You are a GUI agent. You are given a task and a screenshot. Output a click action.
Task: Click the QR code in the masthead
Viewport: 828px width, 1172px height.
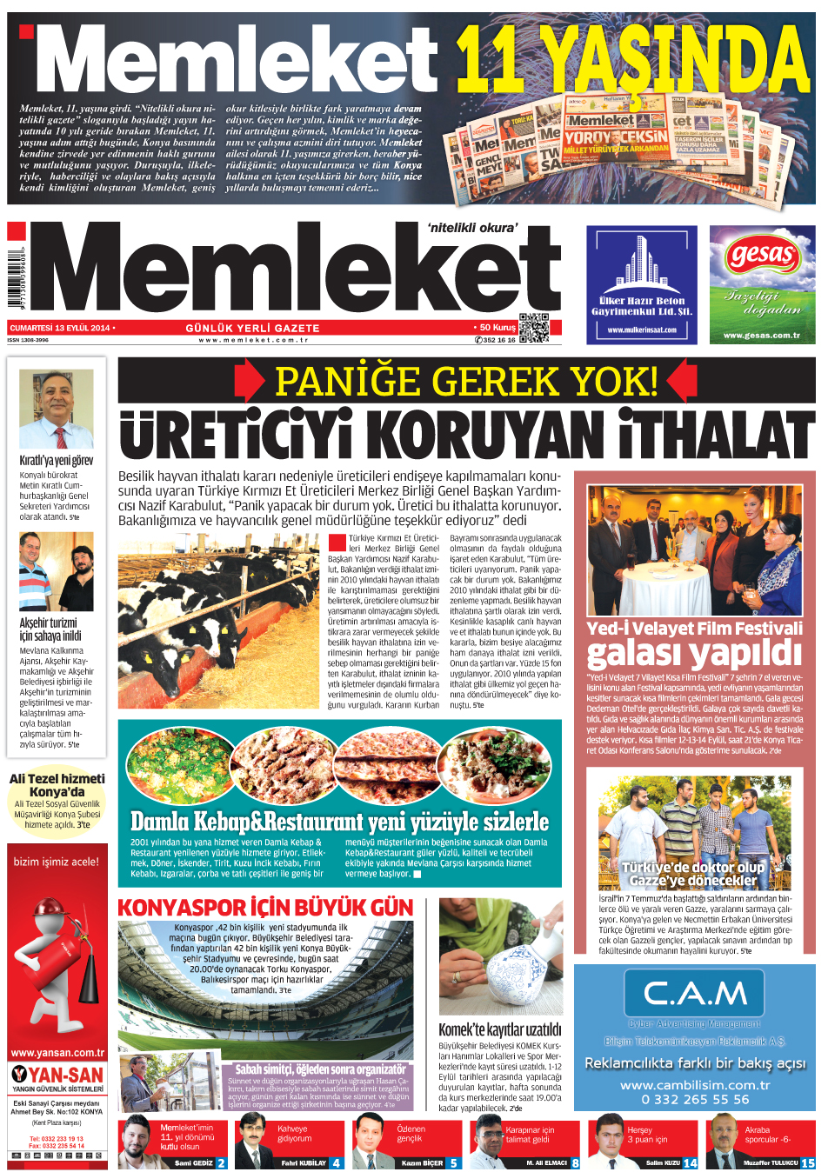coord(533,327)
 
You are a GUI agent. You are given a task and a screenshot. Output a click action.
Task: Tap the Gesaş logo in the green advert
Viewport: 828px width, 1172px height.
coord(762,256)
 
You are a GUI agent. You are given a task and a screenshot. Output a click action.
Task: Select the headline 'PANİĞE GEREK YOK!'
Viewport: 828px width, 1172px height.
coord(466,381)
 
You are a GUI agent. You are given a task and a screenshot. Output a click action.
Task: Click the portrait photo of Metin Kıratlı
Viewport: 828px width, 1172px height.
coord(56,408)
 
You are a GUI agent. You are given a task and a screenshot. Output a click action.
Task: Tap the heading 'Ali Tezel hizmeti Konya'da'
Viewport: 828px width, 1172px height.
coord(57,785)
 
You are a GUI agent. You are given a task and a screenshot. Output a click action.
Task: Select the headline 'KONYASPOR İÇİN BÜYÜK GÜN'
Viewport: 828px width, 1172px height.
coord(265,907)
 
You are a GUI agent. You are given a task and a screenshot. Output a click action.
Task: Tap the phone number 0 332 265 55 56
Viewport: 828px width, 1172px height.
coord(694,1099)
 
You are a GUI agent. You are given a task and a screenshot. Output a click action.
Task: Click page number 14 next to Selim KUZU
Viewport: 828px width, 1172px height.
coord(690,1162)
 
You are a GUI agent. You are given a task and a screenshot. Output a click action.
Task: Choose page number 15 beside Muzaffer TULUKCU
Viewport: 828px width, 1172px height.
coord(807,1162)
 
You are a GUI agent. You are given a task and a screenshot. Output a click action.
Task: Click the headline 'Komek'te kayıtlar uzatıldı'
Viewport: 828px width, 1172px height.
coord(499,1029)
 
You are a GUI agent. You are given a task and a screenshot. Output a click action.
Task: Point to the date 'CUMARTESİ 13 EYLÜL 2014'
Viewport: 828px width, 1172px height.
coord(60,328)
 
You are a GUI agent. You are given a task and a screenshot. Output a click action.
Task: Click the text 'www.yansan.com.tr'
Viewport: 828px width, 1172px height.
coord(57,1053)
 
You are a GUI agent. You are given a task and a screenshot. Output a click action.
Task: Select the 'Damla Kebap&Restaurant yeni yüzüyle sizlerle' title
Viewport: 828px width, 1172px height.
coord(339,822)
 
